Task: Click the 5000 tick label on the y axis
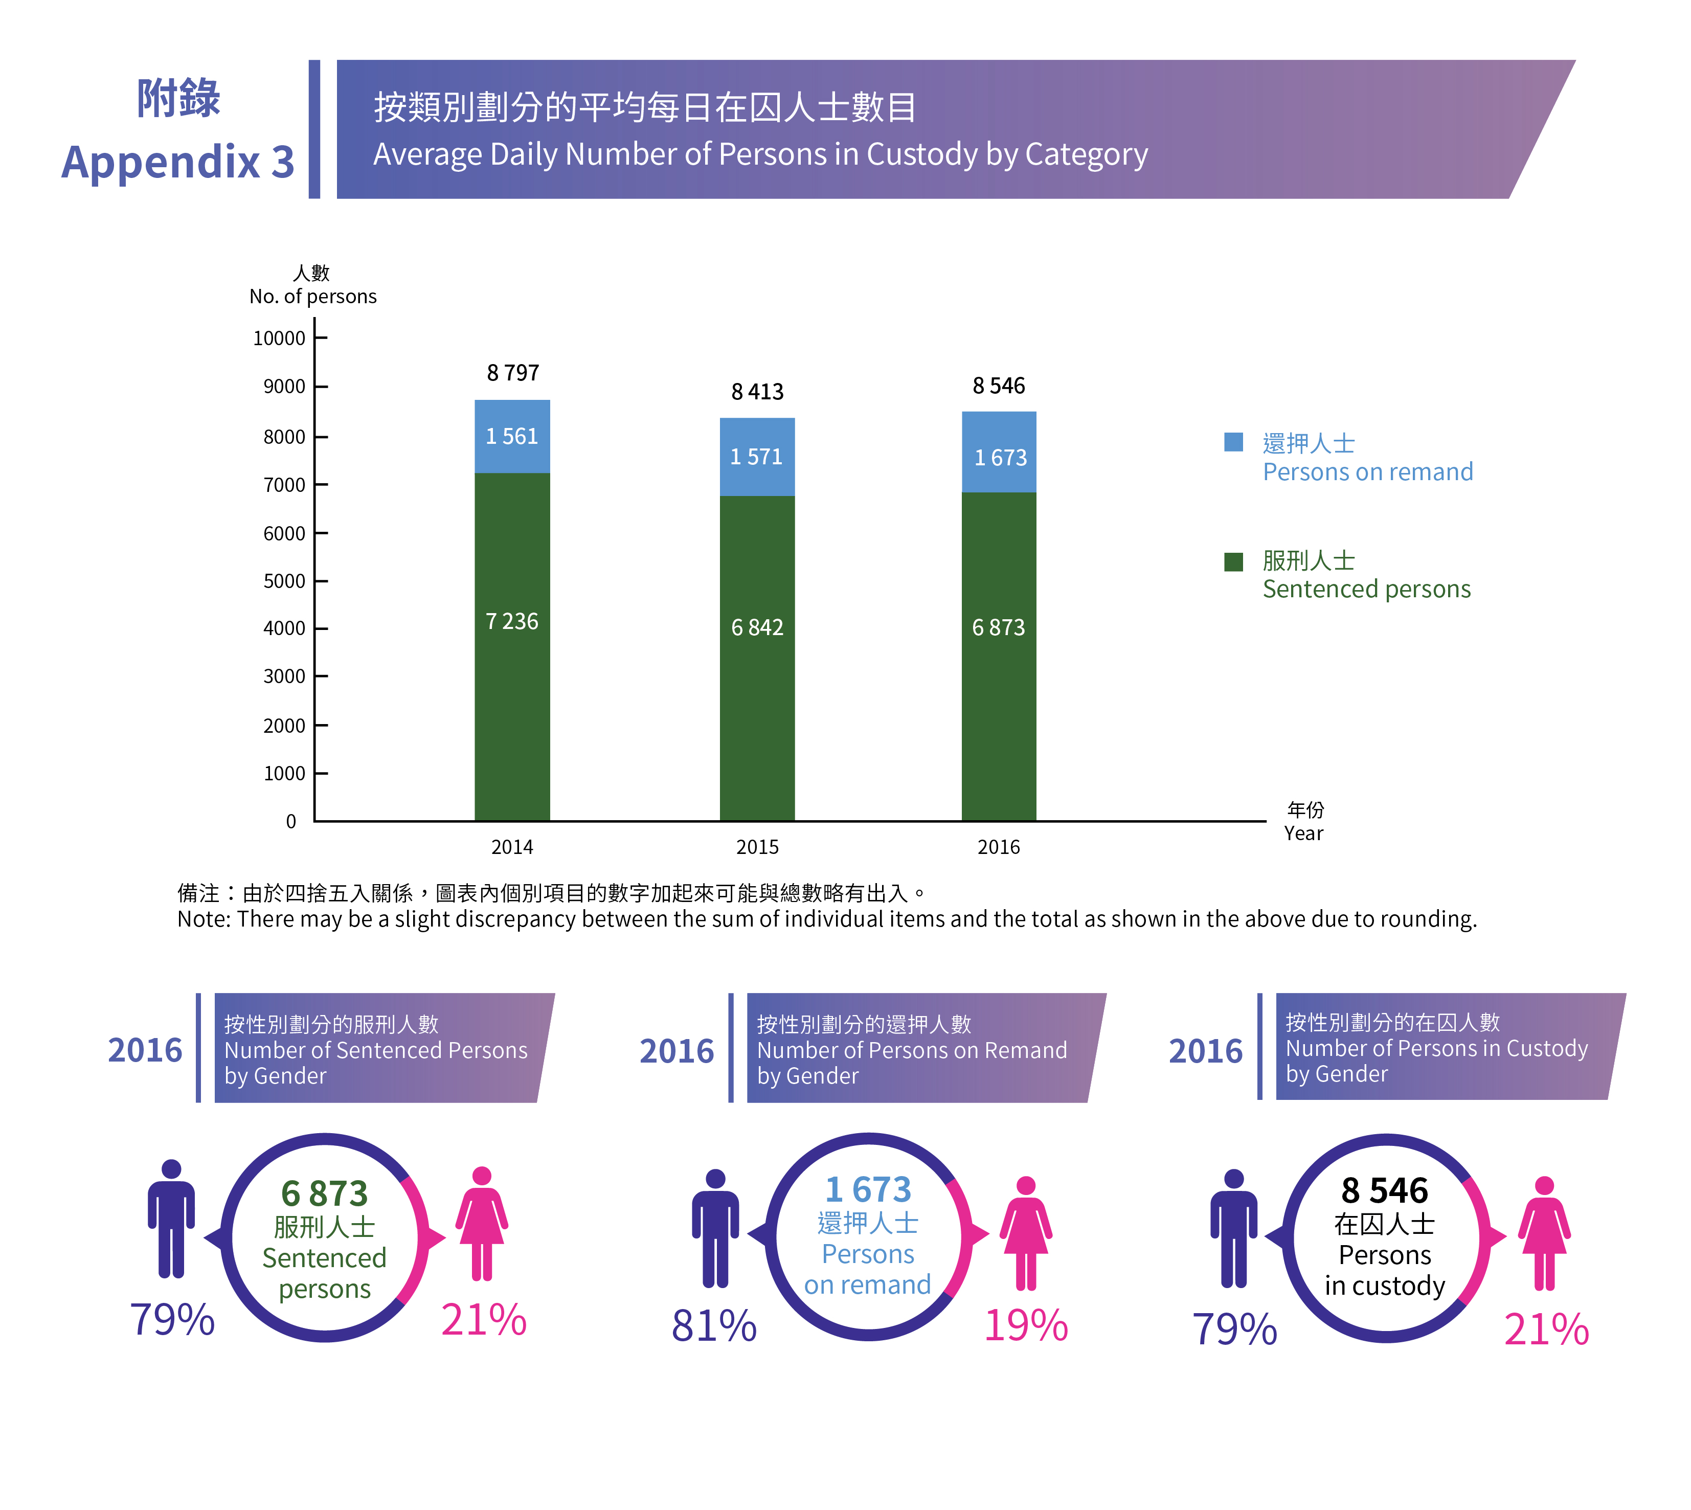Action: click(x=284, y=581)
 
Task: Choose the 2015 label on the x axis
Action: click(x=757, y=847)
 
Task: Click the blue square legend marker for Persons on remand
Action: click(x=1233, y=442)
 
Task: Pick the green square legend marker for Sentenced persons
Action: click(x=1233, y=561)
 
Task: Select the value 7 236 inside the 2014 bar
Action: click(x=512, y=621)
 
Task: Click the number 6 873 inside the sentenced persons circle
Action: click(x=324, y=1194)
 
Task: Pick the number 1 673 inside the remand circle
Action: click(x=868, y=1190)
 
